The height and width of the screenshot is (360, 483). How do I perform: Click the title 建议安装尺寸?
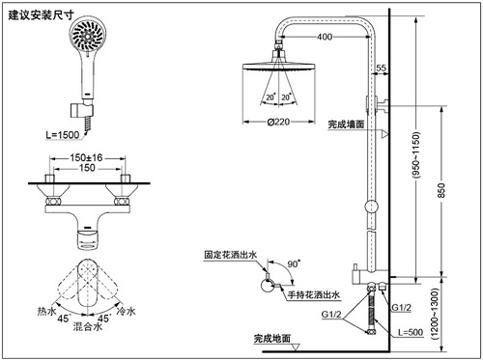click(41, 14)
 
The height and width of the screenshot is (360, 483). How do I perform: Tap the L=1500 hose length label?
click(63, 135)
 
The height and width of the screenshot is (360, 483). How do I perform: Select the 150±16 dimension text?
click(86, 157)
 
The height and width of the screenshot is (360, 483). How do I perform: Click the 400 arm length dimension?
click(325, 37)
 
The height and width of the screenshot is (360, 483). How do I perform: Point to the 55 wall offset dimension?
click(381, 68)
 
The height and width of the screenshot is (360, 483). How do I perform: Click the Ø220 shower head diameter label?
click(278, 122)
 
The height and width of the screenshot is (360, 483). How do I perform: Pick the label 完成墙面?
click(346, 125)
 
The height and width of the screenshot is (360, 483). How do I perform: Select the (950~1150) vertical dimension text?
click(416, 154)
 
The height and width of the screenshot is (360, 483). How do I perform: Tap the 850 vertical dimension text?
click(441, 190)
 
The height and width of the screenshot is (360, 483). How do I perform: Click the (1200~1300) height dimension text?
click(435, 314)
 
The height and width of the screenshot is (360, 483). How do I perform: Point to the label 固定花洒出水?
click(231, 255)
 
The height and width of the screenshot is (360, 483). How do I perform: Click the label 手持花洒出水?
click(314, 294)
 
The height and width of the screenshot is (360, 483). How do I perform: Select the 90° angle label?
click(294, 263)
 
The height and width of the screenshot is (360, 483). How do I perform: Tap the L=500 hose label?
click(411, 332)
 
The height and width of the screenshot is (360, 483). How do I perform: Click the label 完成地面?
click(272, 339)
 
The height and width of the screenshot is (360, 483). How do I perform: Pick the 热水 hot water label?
click(47, 311)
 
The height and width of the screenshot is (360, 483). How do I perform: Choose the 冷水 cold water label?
click(127, 311)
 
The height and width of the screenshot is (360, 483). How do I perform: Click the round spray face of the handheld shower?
click(88, 35)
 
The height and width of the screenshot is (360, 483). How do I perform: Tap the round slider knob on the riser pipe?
click(371, 207)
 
